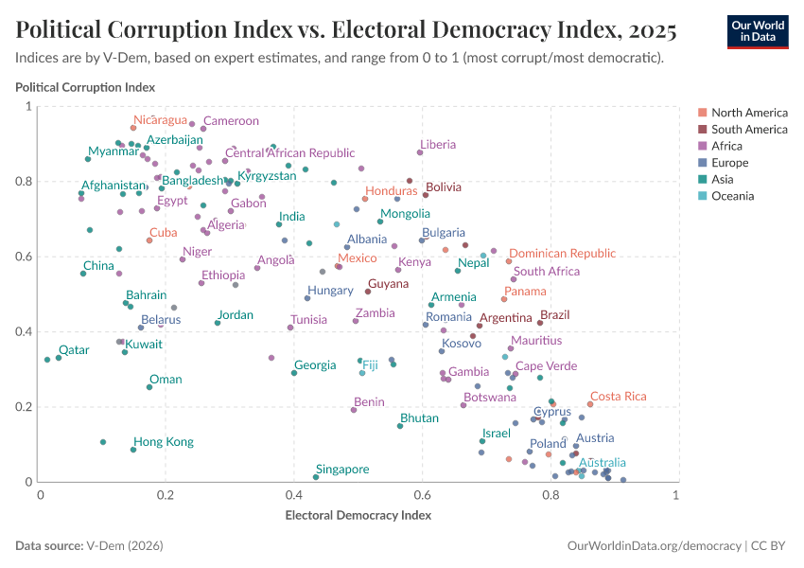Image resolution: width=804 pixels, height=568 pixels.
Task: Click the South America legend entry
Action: click(749, 129)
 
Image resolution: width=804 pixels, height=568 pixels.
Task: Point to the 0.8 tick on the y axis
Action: click(27, 181)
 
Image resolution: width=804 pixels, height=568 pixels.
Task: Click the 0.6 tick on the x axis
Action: click(422, 495)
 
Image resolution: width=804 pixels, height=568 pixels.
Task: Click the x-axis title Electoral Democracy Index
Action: click(358, 516)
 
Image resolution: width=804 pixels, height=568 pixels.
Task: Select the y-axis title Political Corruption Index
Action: click(85, 87)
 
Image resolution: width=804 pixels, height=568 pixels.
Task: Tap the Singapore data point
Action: click(316, 477)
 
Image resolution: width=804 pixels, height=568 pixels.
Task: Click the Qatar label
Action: click(74, 349)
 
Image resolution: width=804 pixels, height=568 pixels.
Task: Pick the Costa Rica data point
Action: click(590, 404)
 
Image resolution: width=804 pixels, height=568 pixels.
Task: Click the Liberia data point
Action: click(420, 152)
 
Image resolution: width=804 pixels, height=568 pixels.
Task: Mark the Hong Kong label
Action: click(163, 442)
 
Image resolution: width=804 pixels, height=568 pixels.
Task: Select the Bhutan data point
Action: click(400, 426)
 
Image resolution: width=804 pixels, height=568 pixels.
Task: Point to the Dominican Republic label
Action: click(563, 254)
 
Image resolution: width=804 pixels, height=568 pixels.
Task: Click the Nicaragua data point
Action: click(133, 128)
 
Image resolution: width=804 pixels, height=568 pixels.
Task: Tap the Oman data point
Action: click(149, 387)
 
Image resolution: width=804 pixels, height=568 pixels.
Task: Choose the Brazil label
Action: click(554, 314)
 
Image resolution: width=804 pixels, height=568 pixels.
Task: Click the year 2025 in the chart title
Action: click(649, 31)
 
